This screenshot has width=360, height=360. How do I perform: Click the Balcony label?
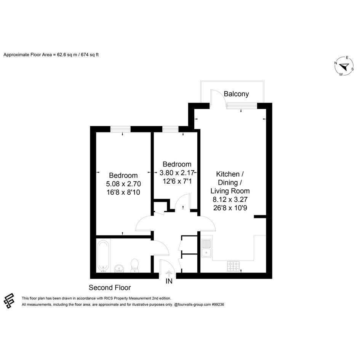pos(236,94)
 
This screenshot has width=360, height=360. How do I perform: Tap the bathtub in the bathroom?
pos(103,256)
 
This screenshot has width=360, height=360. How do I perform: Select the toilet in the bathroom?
pos(134,266)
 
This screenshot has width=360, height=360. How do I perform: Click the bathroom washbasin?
pos(119,268)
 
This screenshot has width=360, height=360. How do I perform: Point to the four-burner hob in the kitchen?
pos(233,266)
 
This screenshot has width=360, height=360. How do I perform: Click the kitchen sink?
pos(206,248)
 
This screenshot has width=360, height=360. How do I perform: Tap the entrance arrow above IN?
pos(169,274)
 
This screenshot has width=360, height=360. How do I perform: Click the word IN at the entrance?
pos(169,281)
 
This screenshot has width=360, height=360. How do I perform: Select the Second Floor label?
pos(110,288)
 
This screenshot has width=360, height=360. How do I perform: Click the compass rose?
pos(344,66)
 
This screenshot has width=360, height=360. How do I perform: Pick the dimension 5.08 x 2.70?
pos(123,184)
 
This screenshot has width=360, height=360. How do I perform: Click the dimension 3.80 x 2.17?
pos(177,173)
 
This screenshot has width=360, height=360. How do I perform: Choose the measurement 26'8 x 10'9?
pos(230,208)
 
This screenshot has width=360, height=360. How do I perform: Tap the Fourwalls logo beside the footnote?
pos(9,301)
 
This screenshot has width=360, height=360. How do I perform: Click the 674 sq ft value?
pos(90,55)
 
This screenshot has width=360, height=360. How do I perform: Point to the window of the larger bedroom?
pos(120,129)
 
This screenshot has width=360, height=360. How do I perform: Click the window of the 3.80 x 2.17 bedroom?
pos(170,129)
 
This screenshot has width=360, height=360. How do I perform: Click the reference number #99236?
pos(218,305)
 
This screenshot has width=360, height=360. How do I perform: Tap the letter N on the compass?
pos(336,63)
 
